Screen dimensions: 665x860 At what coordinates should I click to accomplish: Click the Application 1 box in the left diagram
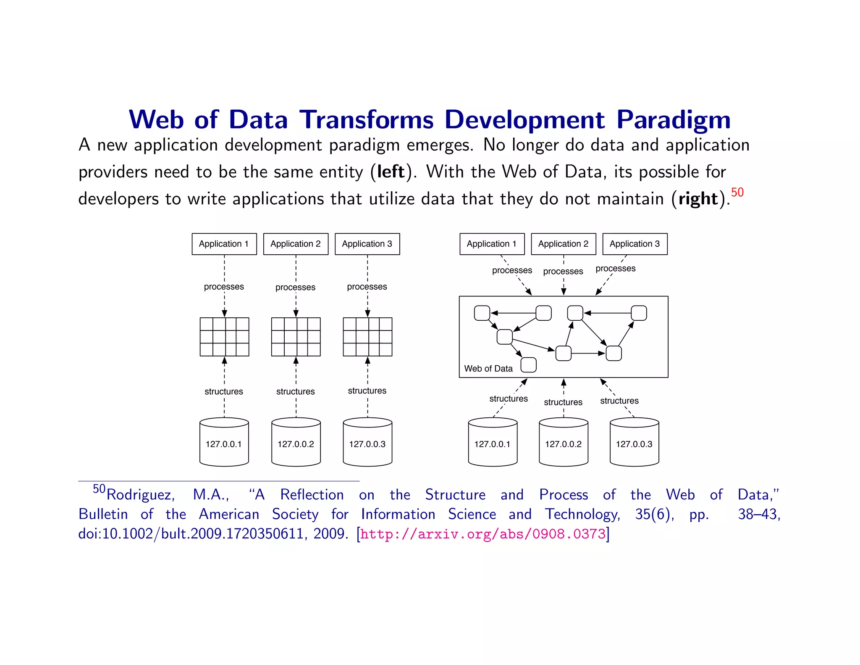pyautogui.click(x=224, y=244)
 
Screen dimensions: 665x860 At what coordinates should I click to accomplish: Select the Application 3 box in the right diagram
pyautogui.click(x=635, y=244)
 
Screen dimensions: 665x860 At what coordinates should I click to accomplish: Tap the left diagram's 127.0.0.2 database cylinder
pyautogui.click(x=296, y=442)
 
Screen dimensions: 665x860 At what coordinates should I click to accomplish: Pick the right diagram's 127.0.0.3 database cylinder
pyautogui.click(x=634, y=442)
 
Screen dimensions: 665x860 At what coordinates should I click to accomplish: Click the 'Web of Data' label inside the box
pyautogui.click(x=488, y=369)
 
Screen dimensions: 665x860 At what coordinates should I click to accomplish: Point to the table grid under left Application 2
pyautogui.click(x=296, y=337)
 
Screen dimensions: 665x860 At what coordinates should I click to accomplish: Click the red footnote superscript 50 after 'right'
pyautogui.click(x=737, y=193)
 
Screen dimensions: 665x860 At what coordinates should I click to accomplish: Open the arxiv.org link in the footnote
pyautogui.click(x=483, y=534)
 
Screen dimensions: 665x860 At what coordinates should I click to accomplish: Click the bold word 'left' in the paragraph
pyautogui.click(x=391, y=172)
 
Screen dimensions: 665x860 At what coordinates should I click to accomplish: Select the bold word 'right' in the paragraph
pyautogui.click(x=698, y=199)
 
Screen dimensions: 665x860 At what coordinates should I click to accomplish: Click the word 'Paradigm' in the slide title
pyautogui.click(x=674, y=120)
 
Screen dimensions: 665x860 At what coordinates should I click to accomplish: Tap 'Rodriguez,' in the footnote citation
pyautogui.click(x=141, y=495)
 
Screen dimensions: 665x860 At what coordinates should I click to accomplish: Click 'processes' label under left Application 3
pyautogui.click(x=367, y=287)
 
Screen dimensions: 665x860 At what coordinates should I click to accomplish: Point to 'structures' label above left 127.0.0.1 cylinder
pyautogui.click(x=224, y=391)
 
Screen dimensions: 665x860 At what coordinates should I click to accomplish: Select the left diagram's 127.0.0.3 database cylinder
pyautogui.click(x=367, y=442)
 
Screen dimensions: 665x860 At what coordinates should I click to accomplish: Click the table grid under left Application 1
pyautogui.click(x=224, y=337)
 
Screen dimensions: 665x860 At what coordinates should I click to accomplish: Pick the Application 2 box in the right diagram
pyautogui.click(x=563, y=244)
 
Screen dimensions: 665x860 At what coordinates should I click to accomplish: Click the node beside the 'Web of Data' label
pyautogui.click(x=528, y=365)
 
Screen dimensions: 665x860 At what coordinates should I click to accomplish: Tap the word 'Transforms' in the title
pyautogui.click(x=366, y=120)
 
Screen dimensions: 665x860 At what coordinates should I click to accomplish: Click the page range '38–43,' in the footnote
pyautogui.click(x=759, y=514)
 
